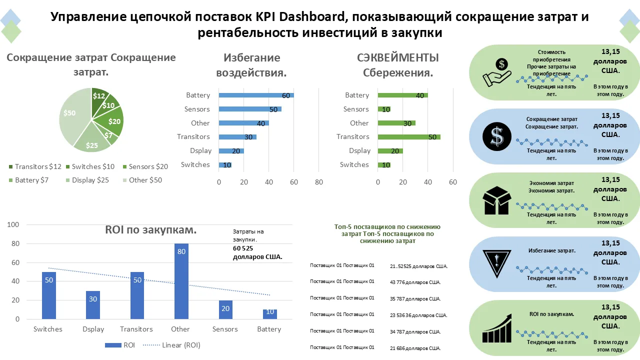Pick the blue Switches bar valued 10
225,164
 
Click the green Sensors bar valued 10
384,109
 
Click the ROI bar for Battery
269,314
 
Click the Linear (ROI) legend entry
171,345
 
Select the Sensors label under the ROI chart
225,329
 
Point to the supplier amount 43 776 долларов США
415,282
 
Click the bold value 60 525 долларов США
257,252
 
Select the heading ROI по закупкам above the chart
150,230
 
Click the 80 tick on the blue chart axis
319,182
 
